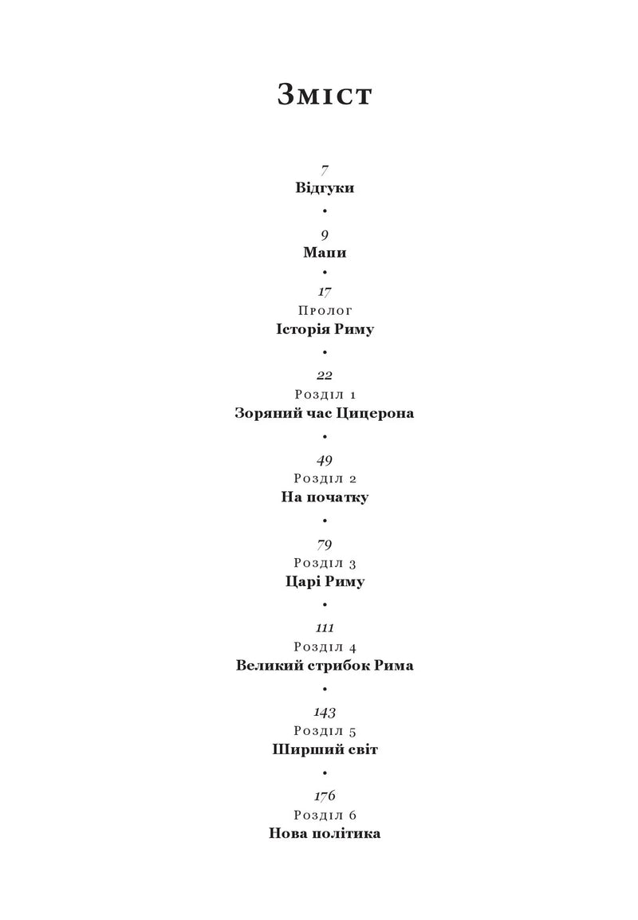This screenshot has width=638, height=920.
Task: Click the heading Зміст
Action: click(325, 94)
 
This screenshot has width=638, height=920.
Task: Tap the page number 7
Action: click(325, 171)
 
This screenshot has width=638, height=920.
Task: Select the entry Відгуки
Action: click(325, 188)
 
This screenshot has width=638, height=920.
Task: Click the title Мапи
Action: click(325, 252)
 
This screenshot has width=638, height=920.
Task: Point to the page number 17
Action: click(325, 292)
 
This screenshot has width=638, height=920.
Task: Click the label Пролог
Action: click(325, 310)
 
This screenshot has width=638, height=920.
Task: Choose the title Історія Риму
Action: click(325, 329)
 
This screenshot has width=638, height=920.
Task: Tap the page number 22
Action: click(325, 375)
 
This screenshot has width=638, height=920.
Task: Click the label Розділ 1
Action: click(325, 395)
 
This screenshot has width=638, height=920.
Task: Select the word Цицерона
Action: click(375, 413)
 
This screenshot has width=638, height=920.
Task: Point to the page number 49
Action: click(325, 461)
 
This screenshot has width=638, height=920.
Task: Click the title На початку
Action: click(325, 497)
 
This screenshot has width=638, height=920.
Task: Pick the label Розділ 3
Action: click(325, 563)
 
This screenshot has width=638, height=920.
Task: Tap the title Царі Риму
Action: click(325, 581)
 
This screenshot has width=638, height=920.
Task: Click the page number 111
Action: click(325, 627)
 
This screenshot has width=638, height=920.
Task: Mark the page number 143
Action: click(325, 712)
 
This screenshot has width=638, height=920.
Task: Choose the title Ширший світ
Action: click(325, 749)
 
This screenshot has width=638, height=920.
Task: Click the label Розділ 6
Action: click(325, 815)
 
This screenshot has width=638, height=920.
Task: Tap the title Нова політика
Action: click(325, 833)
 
